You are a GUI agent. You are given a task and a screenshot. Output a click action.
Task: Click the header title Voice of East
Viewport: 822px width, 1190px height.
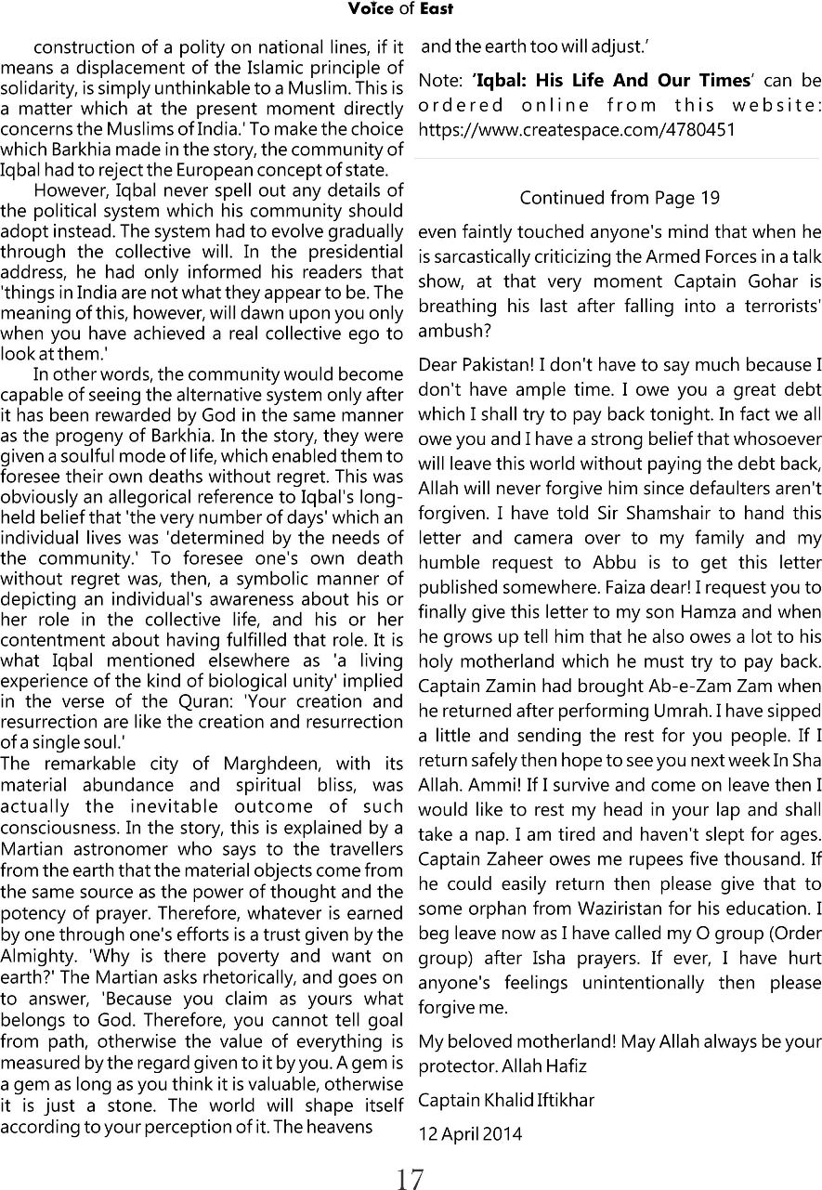pos(400,9)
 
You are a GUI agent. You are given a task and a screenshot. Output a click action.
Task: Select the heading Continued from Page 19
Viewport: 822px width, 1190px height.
pos(619,198)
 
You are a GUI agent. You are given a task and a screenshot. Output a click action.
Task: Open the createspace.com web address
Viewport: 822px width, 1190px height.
pos(577,129)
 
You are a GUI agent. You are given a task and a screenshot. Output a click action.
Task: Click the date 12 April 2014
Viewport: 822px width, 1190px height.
pos(470,1133)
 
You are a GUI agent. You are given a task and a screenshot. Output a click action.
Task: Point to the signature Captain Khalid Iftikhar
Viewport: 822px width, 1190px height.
pos(506,1101)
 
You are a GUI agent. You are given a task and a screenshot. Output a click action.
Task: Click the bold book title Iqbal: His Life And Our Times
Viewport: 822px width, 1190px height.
pos(611,82)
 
